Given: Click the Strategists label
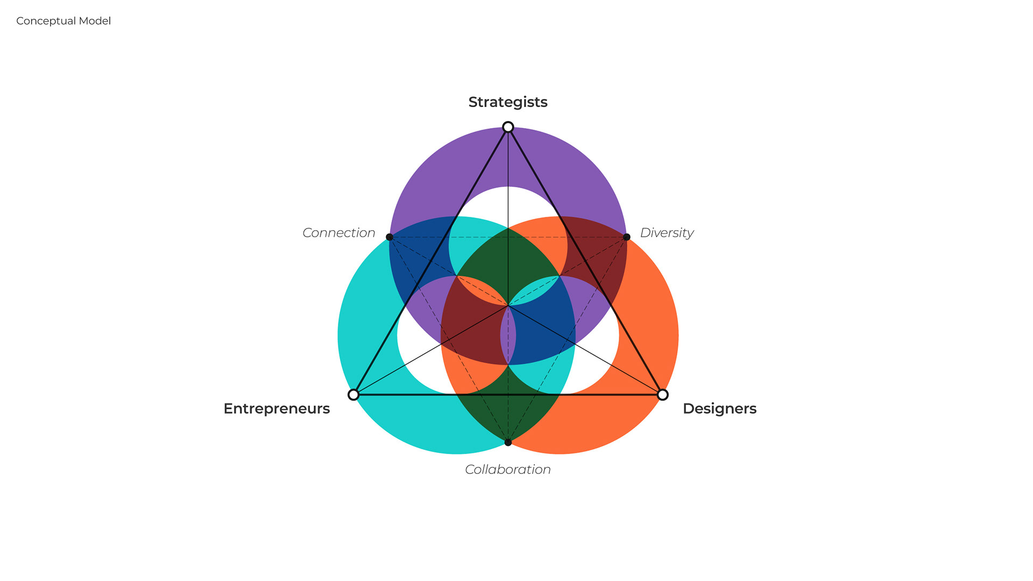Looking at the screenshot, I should pos(508,102).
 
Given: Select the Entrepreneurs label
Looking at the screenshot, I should pos(277,409).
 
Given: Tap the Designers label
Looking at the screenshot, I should pos(719,409).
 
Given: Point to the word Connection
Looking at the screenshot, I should pos(338,233).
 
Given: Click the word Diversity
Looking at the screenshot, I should pos(667,233).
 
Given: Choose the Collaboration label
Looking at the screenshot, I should pos(508,470).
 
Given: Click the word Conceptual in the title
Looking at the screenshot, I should pos(46,21).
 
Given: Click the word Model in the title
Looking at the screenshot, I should pos(95,21).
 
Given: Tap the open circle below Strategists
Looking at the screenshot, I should pos(508,127).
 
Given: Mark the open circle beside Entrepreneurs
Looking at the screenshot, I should pos(353,395).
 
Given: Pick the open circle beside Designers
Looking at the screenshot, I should pos(663,395).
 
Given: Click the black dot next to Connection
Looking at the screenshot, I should pos(390,237).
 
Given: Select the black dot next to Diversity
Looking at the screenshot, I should pos(627,237).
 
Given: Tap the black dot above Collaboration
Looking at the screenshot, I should pos(508,443).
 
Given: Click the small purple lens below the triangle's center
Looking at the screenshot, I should pos(508,336).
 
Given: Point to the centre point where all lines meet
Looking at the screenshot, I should pos(508,306).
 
